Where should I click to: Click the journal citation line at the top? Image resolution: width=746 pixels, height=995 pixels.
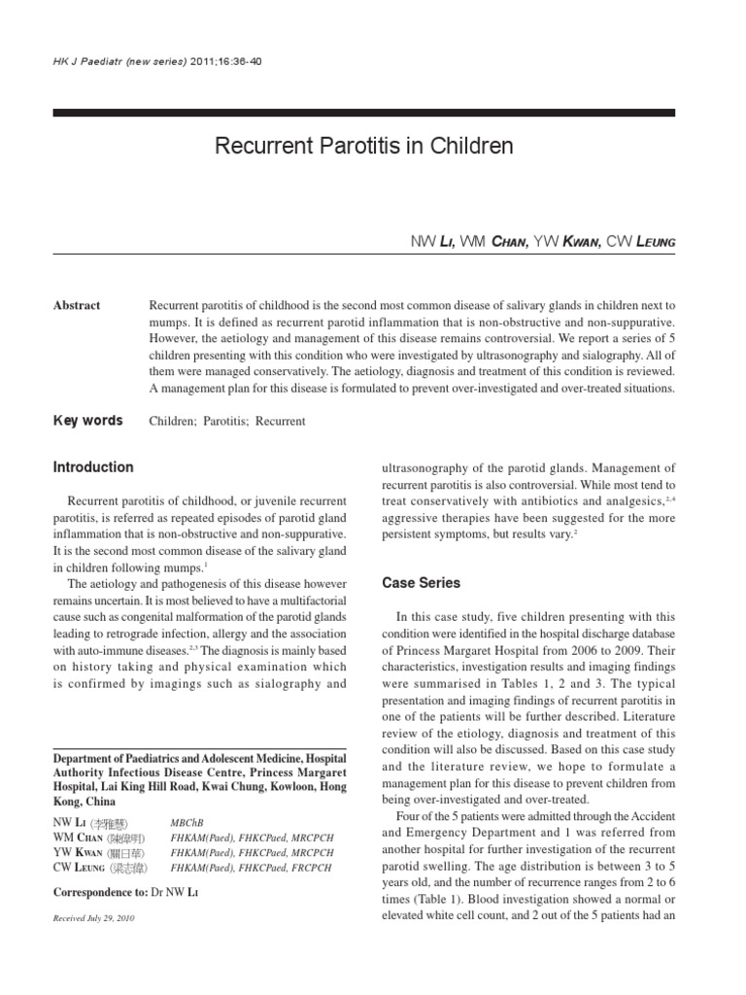[x=156, y=60]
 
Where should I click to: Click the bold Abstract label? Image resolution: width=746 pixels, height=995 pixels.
[x=77, y=305]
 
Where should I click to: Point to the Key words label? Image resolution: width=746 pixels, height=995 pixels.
[x=87, y=421]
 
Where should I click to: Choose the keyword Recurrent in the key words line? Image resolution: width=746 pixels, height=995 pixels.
[x=281, y=422]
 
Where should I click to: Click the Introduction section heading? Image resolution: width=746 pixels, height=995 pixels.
[x=93, y=467]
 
